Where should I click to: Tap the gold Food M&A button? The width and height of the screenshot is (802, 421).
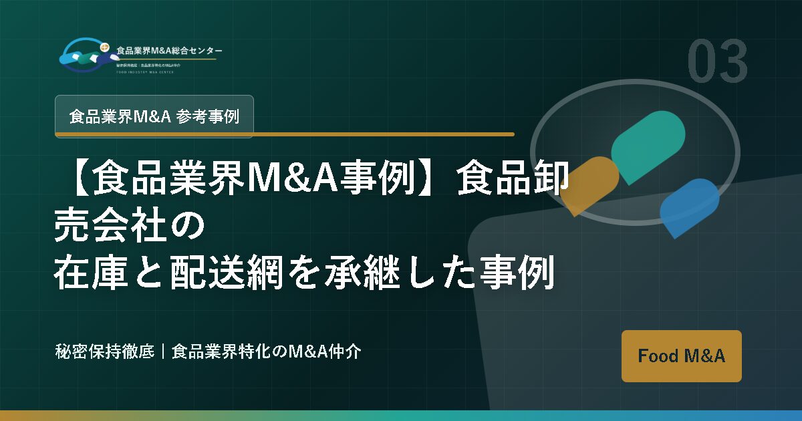click(x=681, y=356)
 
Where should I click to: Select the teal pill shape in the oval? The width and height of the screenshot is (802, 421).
click(x=648, y=146)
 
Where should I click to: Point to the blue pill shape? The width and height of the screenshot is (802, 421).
click(x=689, y=207)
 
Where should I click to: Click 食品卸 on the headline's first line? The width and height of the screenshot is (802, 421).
click(x=512, y=179)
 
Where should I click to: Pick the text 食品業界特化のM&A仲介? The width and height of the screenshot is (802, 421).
click(x=266, y=352)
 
